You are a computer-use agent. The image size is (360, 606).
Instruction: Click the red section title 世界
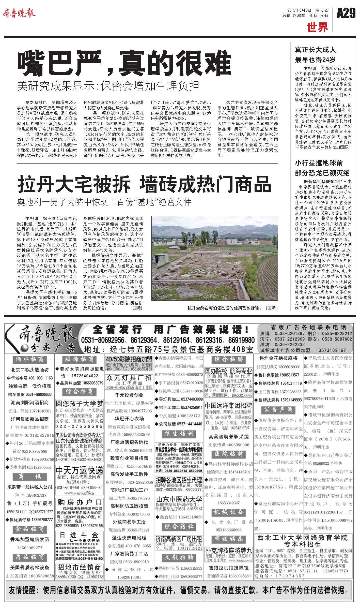pos(317,27)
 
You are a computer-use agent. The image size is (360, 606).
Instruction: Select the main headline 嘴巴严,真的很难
pos(124,62)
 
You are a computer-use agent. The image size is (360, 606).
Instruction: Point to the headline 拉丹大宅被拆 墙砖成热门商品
pos(144,184)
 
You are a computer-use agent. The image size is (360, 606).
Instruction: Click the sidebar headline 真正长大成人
pos(315,49)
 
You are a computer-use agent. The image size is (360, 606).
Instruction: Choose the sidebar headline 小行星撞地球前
pos(319,163)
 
